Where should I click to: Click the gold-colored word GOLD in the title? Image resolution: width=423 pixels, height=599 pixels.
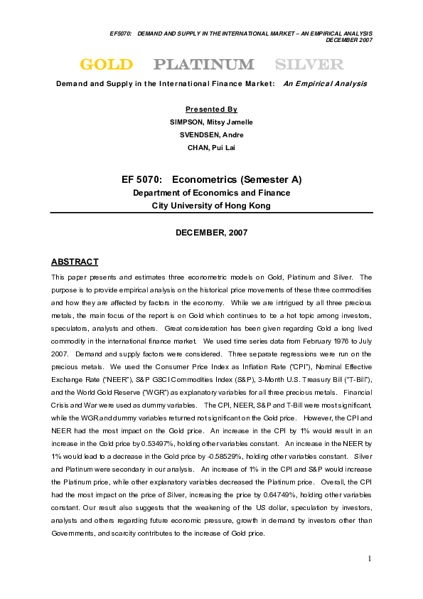(x=106, y=65)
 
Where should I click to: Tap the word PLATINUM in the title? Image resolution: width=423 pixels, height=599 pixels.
(x=204, y=65)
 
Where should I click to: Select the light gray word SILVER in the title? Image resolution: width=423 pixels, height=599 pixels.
(x=309, y=65)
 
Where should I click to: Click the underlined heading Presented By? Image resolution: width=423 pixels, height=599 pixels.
(x=211, y=110)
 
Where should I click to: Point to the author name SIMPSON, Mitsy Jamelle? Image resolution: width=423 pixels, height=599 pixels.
(x=211, y=122)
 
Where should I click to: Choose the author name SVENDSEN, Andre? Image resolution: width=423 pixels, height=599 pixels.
(x=211, y=134)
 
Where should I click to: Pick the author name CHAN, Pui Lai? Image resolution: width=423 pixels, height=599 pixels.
(x=211, y=147)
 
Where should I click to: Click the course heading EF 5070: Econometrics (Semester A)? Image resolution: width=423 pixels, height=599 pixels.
(x=211, y=179)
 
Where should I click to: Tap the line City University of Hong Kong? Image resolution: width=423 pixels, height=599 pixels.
(x=211, y=206)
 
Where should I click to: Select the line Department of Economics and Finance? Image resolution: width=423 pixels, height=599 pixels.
(x=211, y=193)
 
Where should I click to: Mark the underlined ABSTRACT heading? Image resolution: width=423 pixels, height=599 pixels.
(x=75, y=262)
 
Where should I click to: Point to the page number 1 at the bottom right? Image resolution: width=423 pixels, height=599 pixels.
(x=370, y=558)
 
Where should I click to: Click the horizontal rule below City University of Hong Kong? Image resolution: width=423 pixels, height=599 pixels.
(x=211, y=213)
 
